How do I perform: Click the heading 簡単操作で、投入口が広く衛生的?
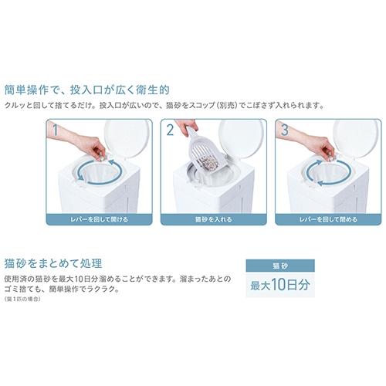[87, 90]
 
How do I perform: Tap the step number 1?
[56, 130]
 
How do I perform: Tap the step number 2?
[170, 130]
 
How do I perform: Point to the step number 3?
[284, 130]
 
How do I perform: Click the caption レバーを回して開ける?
[99, 219]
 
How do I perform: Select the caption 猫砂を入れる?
[214, 219]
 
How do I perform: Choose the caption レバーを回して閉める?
[328, 219]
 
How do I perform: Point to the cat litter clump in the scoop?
[210, 164]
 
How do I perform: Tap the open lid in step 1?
[127, 139]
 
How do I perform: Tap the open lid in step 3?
[356, 139]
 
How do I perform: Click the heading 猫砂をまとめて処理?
[53, 263]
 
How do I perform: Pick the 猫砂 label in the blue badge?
[280, 266]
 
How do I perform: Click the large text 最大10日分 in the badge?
[280, 285]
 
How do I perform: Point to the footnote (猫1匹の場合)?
[22, 299]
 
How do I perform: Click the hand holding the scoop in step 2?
[186, 127]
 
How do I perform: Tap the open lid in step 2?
[242, 139]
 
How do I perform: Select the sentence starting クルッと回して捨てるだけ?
[164, 106]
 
